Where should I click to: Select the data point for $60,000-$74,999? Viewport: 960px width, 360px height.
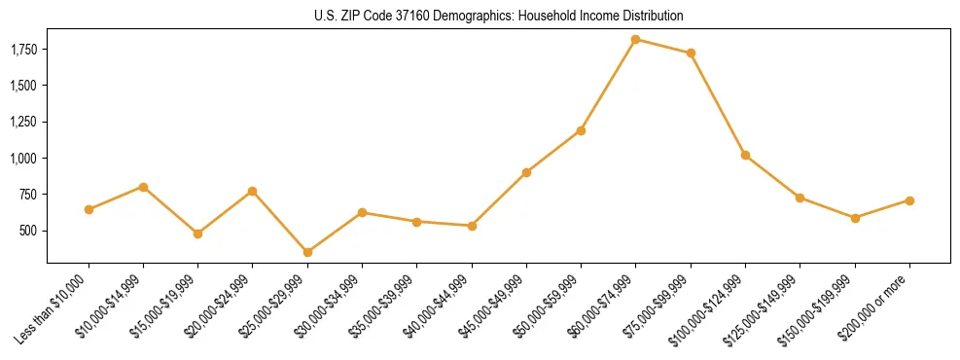coord(635,39)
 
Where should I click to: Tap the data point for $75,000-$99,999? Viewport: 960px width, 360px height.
coord(691,53)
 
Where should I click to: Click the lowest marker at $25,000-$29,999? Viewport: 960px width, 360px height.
coord(307,252)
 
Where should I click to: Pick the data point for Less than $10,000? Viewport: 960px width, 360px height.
coord(89,209)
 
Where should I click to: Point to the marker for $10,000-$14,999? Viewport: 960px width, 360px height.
coord(143,187)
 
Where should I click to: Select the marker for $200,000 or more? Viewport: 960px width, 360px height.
coord(909,200)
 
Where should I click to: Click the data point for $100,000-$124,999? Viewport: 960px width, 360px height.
coord(745,155)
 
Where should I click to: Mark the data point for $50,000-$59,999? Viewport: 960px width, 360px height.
coord(581,130)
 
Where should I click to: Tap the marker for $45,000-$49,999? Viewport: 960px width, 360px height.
coord(526,172)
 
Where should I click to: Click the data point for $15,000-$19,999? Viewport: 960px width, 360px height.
coord(197,234)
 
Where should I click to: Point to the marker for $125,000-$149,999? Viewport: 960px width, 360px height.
coord(800,198)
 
